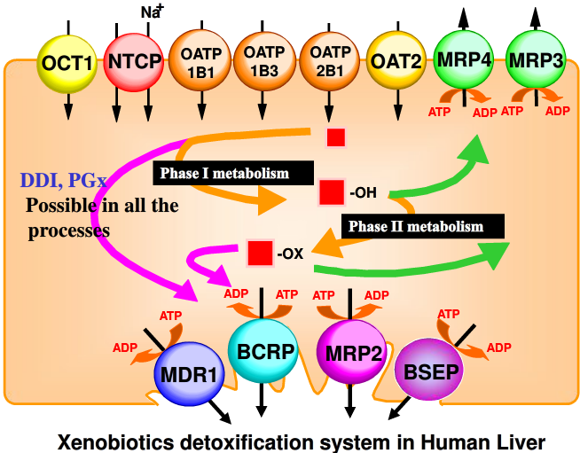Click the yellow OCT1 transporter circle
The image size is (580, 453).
click(x=67, y=62)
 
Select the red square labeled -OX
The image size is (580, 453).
click(x=260, y=253)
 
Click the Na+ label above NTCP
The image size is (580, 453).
click(x=152, y=11)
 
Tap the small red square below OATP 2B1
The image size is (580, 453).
click(x=335, y=137)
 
